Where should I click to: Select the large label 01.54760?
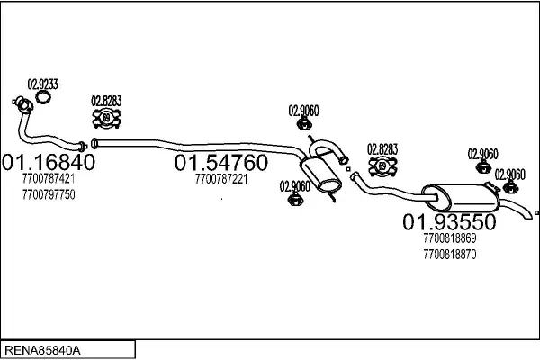click(x=220, y=163)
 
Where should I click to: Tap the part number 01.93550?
click(x=448, y=221)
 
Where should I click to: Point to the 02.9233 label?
click(x=43, y=84)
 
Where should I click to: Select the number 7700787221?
click(x=220, y=179)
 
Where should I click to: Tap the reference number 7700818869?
click(x=448, y=239)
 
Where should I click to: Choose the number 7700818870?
click(x=448, y=254)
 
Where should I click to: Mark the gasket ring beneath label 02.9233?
click(x=43, y=100)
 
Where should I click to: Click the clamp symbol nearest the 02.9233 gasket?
click(x=107, y=118)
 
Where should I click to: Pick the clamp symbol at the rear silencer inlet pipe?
click(x=383, y=166)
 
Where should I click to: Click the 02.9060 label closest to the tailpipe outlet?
click(x=510, y=174)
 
